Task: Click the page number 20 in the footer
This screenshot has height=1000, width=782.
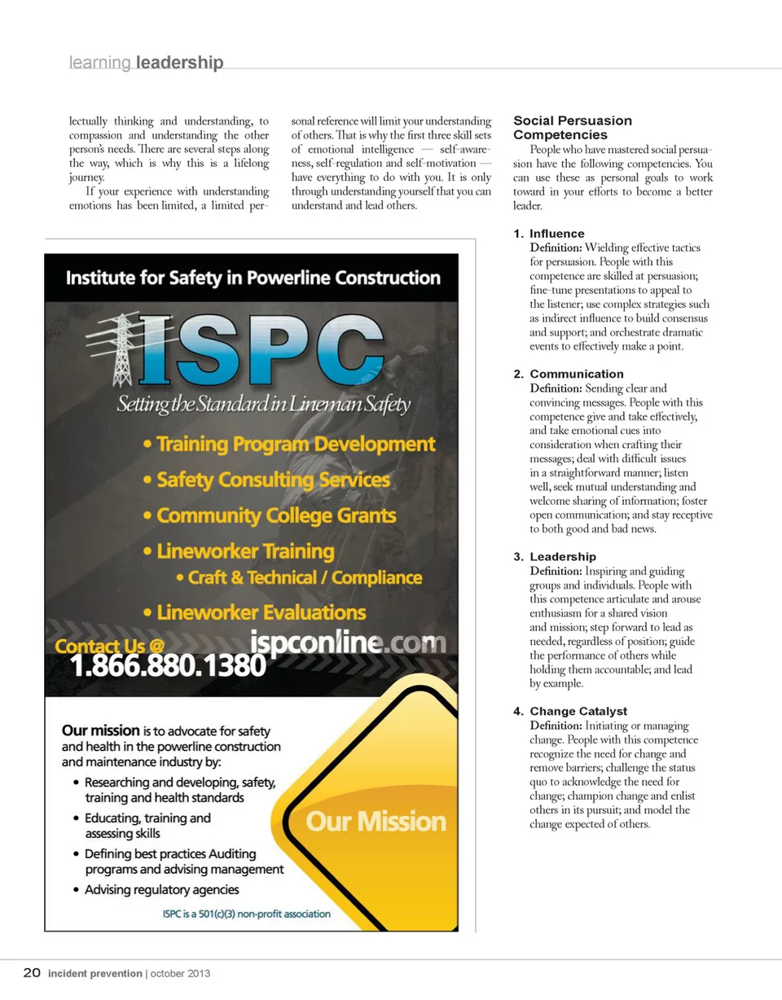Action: [x=32, y=972]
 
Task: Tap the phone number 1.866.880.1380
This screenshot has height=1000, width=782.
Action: [x=169, y=666]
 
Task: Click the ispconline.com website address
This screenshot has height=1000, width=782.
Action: [x=348, y=642]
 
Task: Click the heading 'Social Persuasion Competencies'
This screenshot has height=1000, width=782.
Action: [x=572, y=128]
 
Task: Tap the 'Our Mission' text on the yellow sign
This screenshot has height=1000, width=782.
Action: [x=376, y=821]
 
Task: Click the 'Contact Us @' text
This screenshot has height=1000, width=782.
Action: [x=109, y=646]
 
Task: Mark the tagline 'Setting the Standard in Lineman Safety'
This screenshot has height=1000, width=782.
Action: [x=263, y=405]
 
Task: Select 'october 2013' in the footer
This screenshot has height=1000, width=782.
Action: [x=187, y=973]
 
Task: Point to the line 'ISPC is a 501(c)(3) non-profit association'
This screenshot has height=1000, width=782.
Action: [x=246, y=914]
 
